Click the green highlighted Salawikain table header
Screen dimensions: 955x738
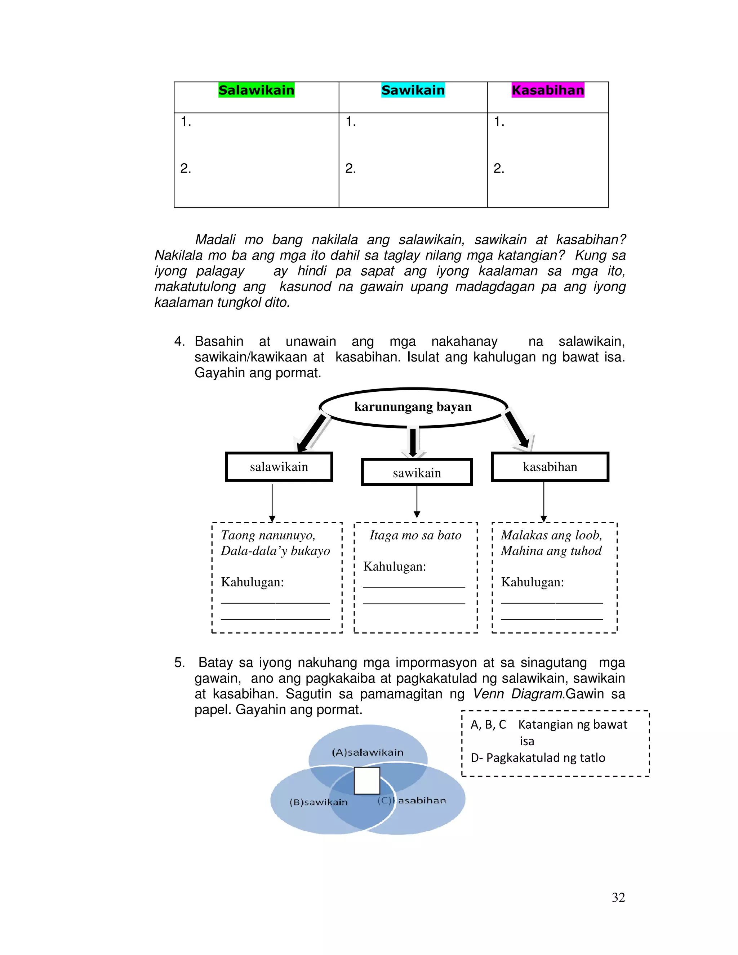[x=256, y=90]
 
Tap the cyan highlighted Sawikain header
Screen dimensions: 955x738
[x=413, y=90]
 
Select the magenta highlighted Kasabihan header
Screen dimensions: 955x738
[x=548, y=90]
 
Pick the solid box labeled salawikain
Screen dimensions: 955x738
[x=279, y=467]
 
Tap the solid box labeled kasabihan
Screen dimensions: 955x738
[x=550, y=467]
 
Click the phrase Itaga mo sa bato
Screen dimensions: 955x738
[x=415, y=535]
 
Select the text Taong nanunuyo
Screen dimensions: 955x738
[x=268, y=535]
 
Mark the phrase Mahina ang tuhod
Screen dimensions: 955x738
[x=551, y=551]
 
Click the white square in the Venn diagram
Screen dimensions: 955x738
[x=367, y=781]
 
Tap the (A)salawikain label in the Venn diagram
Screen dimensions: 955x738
[x=367, y=752]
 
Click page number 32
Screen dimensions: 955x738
[x=618, y=897]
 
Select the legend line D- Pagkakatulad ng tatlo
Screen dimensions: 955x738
[x=538, y=758]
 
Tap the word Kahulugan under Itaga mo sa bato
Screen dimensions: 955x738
[x=394, y=567]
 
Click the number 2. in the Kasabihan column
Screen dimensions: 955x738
[x=499, y=168]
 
